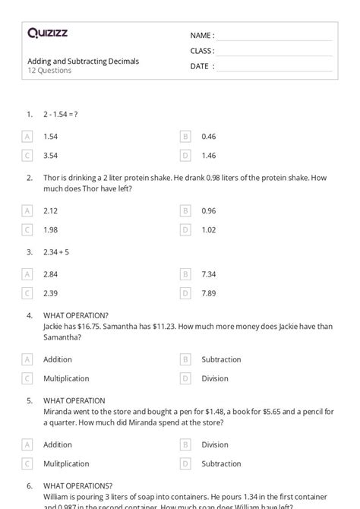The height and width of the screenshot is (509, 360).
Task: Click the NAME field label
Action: (x=202, y=36)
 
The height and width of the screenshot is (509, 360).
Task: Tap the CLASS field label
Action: (x=202, y=51)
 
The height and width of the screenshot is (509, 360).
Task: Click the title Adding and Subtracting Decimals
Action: (x=83, y=61)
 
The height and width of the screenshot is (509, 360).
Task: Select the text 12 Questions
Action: (x=49, y=71)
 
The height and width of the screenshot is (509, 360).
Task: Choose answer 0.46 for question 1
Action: (x=209, y=137)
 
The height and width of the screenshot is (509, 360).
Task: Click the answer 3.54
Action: (x=51, y=156)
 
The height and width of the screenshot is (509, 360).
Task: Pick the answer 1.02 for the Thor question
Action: (x=209, y=229)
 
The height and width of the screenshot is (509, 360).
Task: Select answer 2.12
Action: (x=51, y=210)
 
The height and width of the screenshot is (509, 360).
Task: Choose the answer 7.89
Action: (x=209, y=293)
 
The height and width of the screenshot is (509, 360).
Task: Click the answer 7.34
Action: (x=209, y=274)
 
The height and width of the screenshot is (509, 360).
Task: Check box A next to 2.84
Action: (x=27, y=274)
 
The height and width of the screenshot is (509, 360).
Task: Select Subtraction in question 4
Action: (x=221, y=359)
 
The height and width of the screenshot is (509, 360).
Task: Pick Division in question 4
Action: (x=215, y=378)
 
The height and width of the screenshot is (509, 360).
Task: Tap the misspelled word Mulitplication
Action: (x=68, y=463)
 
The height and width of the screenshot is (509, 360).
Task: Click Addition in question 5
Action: (x=58, y=444)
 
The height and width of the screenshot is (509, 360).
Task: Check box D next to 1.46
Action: (x=185, y=156)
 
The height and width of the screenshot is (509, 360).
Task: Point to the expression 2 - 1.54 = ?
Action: (x=61, y=114)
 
